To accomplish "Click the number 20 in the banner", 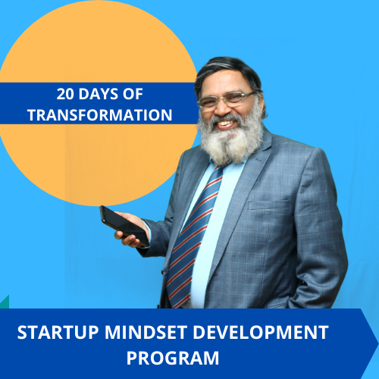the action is tap(65, 94).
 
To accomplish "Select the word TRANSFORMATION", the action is tap(100, 115).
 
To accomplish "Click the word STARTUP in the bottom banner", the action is tap(58, 332).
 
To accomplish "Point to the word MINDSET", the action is tap(146, 332).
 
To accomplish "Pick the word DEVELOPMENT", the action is tap(261, 332).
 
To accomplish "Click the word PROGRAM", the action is tap(173, 358).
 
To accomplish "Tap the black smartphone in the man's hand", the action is tap(124, 225).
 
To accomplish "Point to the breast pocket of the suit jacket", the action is tap(269, 205).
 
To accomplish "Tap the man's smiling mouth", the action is tap(226, 124).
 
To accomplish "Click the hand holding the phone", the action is tap(131, 230).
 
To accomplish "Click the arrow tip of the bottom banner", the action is tap(378, 343).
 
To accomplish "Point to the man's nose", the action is tap(222, 108).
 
